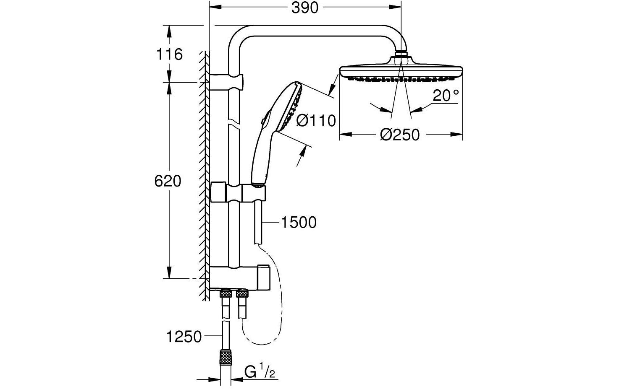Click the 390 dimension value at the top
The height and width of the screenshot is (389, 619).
point(305,8)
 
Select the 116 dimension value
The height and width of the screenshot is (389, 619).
point(169,54)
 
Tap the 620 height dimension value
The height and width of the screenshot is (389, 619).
point(168,181)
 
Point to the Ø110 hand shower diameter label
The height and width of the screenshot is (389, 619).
point(316,121)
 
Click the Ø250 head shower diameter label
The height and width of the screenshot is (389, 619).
point(400,135)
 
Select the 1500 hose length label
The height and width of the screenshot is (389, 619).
point(298,223)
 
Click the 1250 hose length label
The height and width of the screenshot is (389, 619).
point(184,337)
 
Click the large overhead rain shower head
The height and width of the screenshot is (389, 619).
point(401,71)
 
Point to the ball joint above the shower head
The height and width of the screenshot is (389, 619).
point(401,55)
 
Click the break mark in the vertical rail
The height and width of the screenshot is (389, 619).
point(233,122)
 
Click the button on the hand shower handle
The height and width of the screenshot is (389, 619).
point(262,121)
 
